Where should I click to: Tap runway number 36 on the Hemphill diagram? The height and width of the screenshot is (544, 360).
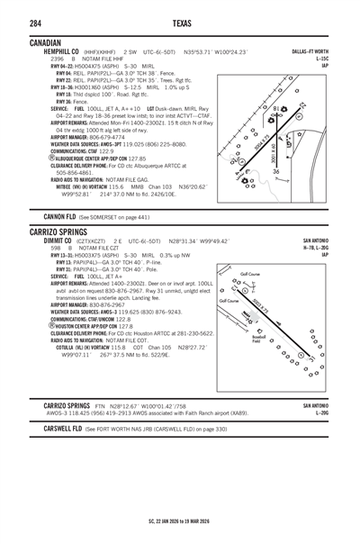[276, 172]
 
